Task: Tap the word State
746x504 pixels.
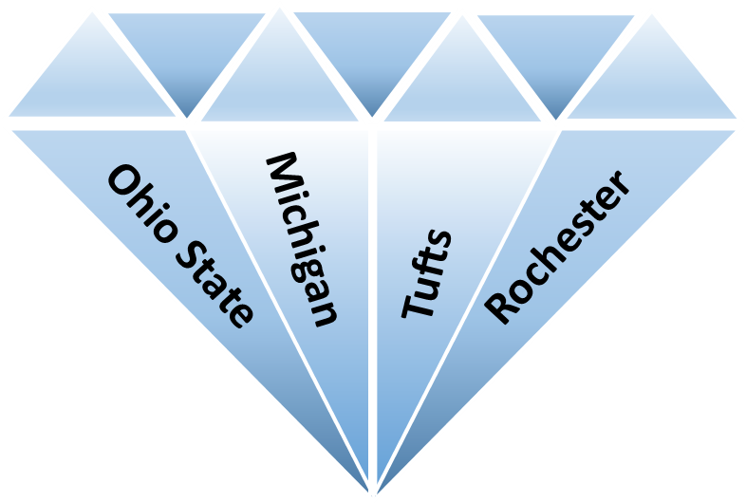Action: coord(214,284)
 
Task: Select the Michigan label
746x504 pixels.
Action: coord(302,239)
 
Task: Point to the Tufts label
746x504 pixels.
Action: coord(426,273)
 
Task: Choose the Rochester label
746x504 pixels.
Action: coord(557,248)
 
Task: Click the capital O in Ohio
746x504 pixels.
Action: coord(123,183)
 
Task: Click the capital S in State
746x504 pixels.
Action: coord(190,257)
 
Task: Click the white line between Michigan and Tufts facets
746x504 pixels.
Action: coord(372,309)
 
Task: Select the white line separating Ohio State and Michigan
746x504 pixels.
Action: coord(278,309)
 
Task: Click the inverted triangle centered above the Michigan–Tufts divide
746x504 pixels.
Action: coord(372,52)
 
